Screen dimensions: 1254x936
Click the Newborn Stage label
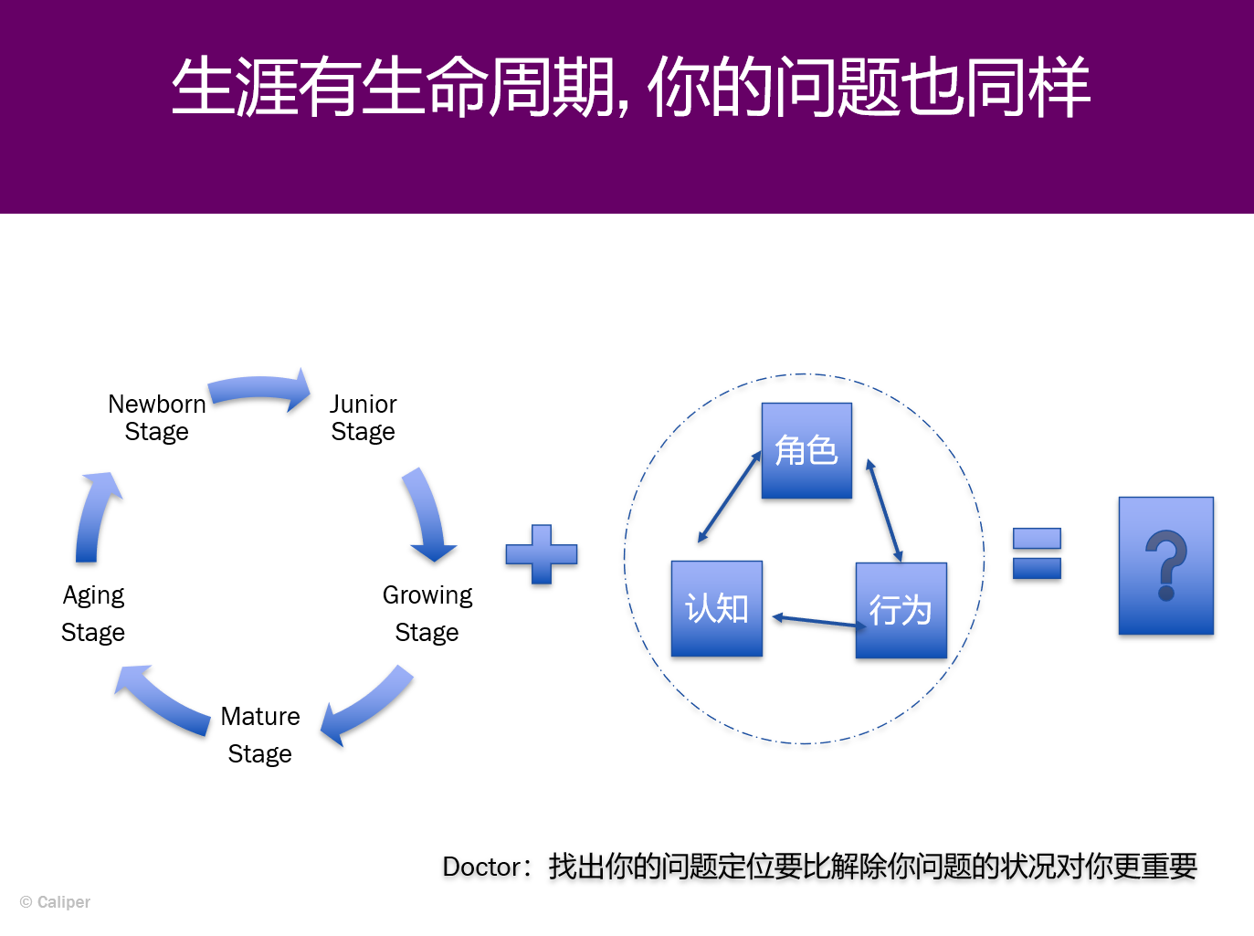pyautogui.click(x=156, y=417)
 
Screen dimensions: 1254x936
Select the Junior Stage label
pyautogui.click(x=364, y=417)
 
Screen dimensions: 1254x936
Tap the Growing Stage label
pyautogui.click(x=427, y=614)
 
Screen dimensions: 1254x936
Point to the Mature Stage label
pyautogui.click(x=260, y=735)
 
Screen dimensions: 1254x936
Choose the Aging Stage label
pyautogui.click(x=93, y=614)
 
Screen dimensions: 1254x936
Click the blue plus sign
pyautogui.click(x=542, y=554)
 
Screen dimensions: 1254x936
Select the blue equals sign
pyautogui.click(x=1037, y=553)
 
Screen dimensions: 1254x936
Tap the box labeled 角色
pyautogui.click(x=806, y=450)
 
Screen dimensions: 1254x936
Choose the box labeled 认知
pyautogui.click(x=717, y=609)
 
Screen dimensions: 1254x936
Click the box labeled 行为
pyautogui.click(x=901, y=611)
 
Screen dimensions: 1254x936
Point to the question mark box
pyautogui.click(x=1166, y=565)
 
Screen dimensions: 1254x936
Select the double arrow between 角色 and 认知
pyautogui.click(x=730, y=496)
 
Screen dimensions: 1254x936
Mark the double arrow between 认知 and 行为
pyautogui.click(x=819, y=621)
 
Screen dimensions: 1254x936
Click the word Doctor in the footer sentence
pyautogui.click(x=481, y=867)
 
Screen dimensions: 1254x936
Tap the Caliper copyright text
pyautogui.click(x=56, y=901)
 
